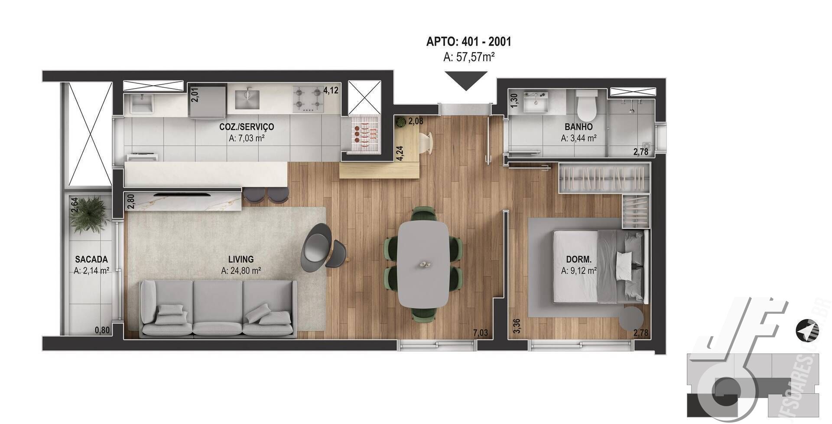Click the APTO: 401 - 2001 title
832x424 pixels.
click(x=468, y=42)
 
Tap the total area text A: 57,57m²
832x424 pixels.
click(x=469, y=57)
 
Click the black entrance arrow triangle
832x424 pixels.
click(x=466, y=80)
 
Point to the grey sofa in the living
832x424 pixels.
click(x=218, y=308)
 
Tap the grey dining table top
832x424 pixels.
click(x=423, y=264)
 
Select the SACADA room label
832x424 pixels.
click(x=91, y=260)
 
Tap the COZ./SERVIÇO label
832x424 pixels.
click(x=247, y=127)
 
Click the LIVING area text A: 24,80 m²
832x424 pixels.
click(x=240, y=271)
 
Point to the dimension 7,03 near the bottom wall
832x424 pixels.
click(x=480, y=333)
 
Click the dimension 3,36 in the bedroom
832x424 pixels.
click(x=517, y=326)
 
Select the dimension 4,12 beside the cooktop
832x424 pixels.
click(x=331, y=91)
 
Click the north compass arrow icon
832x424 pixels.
click(x=807, y=331)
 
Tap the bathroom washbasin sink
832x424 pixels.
click(x=536, y=101)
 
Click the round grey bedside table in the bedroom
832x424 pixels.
click(x=631, y=319)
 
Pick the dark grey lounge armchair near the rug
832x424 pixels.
click(x=317, y=247)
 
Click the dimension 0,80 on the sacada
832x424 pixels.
click(x=102, y=330)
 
